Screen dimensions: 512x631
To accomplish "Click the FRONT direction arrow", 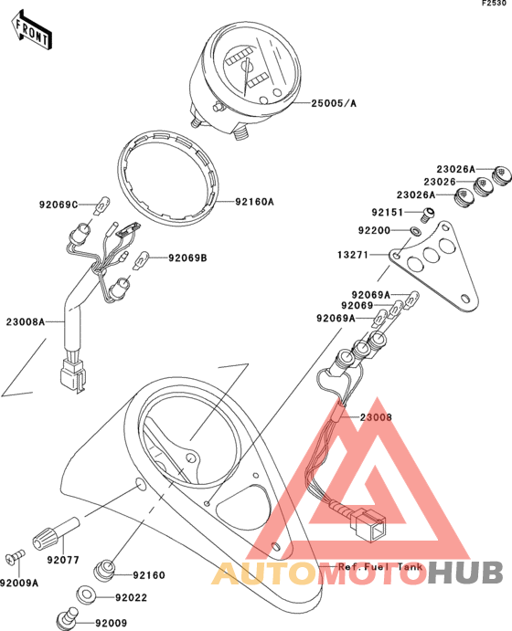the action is (x=31, y=30).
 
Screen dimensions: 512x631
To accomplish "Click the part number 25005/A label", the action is (x=334, y=103).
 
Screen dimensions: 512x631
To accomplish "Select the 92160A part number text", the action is (x=254, y=202).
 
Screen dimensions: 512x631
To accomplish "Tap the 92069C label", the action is (x=59, y=205).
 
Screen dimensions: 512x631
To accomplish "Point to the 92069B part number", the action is (x=187, y=258).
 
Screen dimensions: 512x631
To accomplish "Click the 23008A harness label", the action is (x=26, y=322).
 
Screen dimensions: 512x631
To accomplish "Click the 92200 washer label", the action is (x=374, y=230).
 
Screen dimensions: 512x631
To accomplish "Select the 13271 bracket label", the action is (x=353, y=255).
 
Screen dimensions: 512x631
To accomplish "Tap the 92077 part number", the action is (x=63, y=560).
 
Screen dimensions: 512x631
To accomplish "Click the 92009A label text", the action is (x=19, y=583).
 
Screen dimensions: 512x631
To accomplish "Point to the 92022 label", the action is (x=132, y=597).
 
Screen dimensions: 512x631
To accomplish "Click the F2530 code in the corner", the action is (x=495, y=4).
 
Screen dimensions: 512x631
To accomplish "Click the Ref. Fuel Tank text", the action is (x=380, y=567).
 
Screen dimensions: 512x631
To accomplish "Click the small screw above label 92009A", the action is (x=15, y=557).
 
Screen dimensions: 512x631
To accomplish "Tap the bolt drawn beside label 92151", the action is (x=427, y=215).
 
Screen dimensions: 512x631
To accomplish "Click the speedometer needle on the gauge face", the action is (x=246, y=77).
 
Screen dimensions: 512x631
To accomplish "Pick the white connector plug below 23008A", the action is (x=72, y=375).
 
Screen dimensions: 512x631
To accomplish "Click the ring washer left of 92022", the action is (x=85, y=594).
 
